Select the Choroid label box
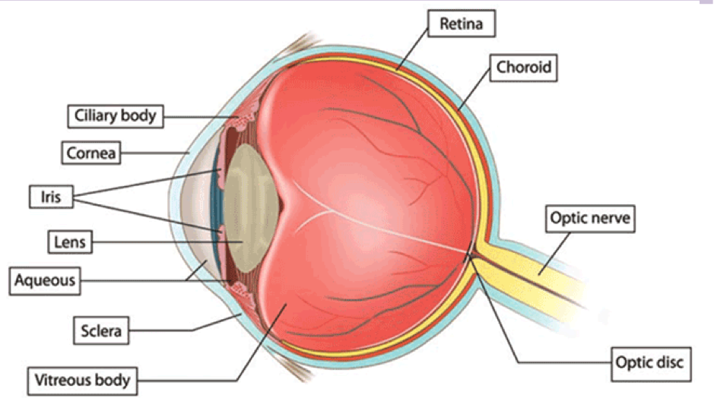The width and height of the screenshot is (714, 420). click(523, 68)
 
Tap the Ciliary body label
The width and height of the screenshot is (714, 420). click(116, 116)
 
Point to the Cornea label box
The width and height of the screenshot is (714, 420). click(91, 153)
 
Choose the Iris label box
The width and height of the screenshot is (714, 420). click(45, 197)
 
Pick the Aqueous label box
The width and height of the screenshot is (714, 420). click(44, 280)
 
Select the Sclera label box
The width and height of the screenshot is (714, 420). click(101, 330)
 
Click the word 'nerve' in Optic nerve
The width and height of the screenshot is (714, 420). click(608, 219)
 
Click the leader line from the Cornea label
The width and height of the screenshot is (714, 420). click(152, 153)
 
